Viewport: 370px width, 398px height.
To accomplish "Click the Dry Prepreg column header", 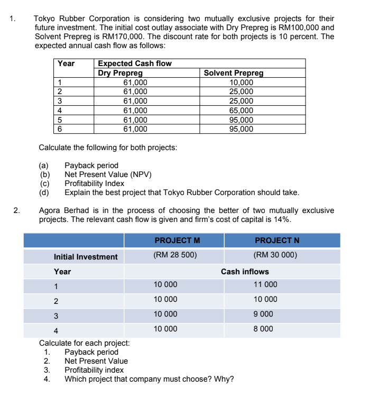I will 120,73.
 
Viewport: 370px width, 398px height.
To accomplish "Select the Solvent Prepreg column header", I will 233,73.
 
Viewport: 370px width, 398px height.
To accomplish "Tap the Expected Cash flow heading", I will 135,63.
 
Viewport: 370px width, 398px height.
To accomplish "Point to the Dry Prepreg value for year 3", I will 135,101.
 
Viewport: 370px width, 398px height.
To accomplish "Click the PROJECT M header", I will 177,240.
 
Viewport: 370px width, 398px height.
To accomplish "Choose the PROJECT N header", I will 277,240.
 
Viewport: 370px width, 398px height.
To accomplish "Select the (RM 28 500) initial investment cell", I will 175,255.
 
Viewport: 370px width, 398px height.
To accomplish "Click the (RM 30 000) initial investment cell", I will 275,255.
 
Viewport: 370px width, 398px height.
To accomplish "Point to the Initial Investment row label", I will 86,257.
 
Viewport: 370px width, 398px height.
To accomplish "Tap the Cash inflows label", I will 245,272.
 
